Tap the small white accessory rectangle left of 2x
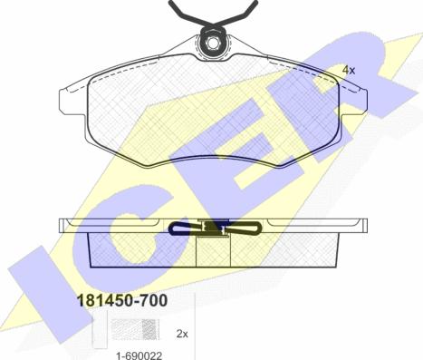(x=100, y=336)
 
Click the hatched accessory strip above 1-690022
(x=137, y=335)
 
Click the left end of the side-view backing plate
(x=63, y=224)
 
